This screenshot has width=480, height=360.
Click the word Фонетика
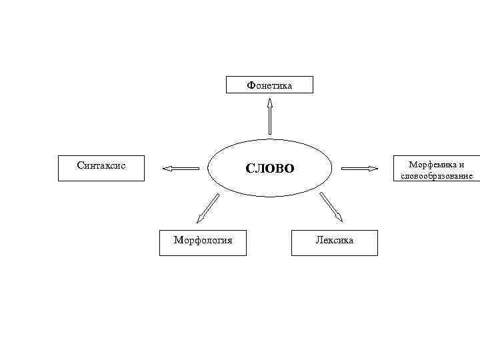pyautogui.click(x=269, y=85)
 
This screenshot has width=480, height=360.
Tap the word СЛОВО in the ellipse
pyautogui.click(x=269, y=169)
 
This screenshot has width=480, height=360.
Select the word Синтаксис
pyautogui.click(x=101, y=163)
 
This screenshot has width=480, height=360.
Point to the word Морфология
pyautogui.click(x=203, y=239)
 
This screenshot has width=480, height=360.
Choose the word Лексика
pyautogui.click(x=335, y=239)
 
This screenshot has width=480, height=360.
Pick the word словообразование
pyautogui.click(x=437, y=177)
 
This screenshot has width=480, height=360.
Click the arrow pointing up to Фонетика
pyautogui.click(x=269, y=116)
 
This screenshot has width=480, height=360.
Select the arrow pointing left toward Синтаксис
pyautogui.click(x=181, y=169)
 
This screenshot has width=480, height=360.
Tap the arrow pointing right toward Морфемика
pyautogui.click(x=359, y=169)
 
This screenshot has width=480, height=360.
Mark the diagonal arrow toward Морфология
pyautogui.click(x=208, y=207)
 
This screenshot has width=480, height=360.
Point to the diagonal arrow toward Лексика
pyautogui.click(x=331, y=207)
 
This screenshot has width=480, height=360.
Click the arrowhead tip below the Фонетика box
pyautogui.click(x=269, y=99)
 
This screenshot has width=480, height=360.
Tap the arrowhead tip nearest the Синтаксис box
pyautogui.click(x=164, y=169)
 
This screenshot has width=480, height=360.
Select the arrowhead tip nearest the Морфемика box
pyautogui.click(x=377, y=169)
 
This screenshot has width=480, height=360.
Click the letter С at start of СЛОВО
pyautogui.click(x=250, y=169)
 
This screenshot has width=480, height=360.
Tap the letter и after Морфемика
pyautogui.click(x=461, y=165)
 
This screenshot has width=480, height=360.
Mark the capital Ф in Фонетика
pyautogui.click(x=251, y=85)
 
